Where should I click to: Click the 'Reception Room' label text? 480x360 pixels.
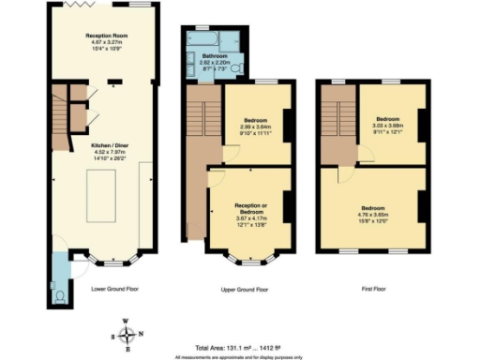coord(100,34)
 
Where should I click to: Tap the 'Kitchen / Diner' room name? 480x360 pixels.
coord(101,146)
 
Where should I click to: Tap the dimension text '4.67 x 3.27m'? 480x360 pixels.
coord(100,41)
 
